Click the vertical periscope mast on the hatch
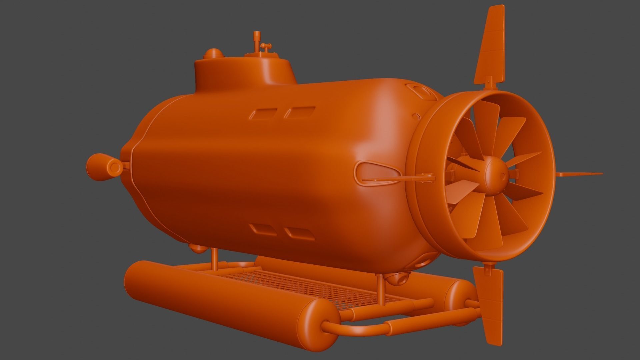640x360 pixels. coord(256,42)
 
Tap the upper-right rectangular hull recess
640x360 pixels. coord(299,113)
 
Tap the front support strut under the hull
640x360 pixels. coord(214,258)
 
